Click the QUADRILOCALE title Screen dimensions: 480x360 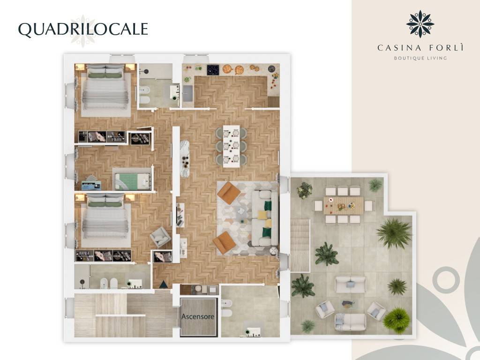(x=83, y=30)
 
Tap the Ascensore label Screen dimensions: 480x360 (x=198, y=316)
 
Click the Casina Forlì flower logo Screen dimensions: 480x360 (x=420, y=24)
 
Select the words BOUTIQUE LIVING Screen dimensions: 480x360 (x=420, y=58)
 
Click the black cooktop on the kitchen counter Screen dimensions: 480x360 (x=213, y=70)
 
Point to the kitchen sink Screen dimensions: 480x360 (x=188, y=93)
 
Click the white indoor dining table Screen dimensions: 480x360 (x=231, y=146)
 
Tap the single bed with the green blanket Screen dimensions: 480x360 (x=133, y=181)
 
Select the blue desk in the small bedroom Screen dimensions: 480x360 (x=91, y=185)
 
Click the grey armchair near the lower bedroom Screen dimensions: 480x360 (x=160, y=237)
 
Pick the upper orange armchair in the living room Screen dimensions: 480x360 (x=229, y=193)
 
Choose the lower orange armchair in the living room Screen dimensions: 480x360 (x=225, y=242)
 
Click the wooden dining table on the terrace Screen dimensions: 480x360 (x=344, y=205)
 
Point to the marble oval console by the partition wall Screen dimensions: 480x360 (x=185, y=158)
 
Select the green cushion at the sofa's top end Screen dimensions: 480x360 (x=268, y=205)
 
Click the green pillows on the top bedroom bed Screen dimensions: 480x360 (x=105, y=75)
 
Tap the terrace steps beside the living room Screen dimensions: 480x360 (x=300, y=245)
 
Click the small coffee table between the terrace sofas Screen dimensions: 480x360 (x=348, y=304)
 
